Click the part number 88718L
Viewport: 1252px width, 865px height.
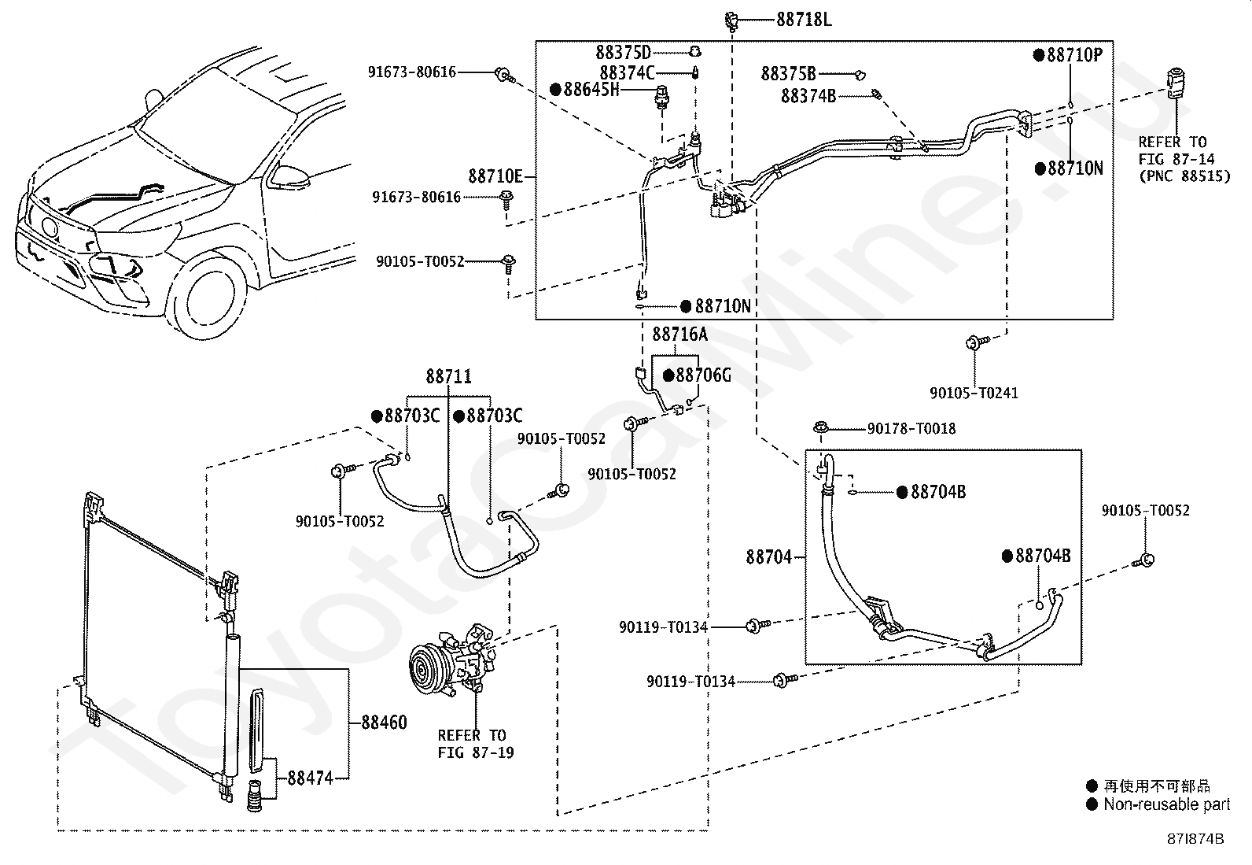[x=804, y=20]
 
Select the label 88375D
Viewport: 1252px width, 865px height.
[x=623, y=53]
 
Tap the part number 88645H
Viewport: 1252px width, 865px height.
[x=591, y=90]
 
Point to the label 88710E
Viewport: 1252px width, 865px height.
[x=495, y=177]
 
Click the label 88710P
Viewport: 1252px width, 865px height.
[x=1075, y=55]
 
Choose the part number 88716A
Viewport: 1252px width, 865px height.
[x=679, y=335]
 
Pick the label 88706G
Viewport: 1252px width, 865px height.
[x=703, y=375]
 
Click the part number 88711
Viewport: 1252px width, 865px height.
[x=448, y=376]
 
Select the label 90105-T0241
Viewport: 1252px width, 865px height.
[x=974, y=394]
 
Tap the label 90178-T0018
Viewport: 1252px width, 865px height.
[x=911, y=429]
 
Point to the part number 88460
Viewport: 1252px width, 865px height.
[x=384, y=723]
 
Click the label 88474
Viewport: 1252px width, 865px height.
[x=310, y=778]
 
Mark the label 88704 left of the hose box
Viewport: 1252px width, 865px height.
[x=769, y=557]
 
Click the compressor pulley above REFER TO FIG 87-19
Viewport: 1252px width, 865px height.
[x=427, y=667]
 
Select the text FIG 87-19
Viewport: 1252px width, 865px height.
[x=476, y=752]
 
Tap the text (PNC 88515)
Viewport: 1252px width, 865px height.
[x=1184, y=176]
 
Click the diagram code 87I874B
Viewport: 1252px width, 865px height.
[x=1195, y=839]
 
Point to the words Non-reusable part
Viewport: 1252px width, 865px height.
[x=1166, y=804]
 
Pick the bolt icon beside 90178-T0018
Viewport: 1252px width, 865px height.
[x=820, y=429]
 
